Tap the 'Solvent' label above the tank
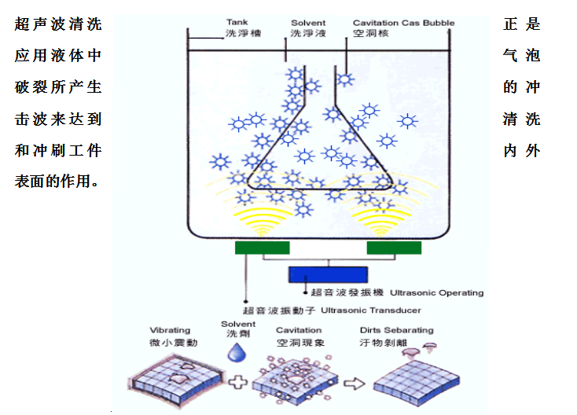coord(307,23)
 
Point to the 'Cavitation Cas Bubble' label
coord(403,23)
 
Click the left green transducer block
coord(262,248)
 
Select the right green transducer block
coord(393,248)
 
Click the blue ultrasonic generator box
coord(327,274)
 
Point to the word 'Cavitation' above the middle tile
coord(299,331)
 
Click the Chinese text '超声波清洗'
coord(58,24)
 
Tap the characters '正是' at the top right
coord(522,24)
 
